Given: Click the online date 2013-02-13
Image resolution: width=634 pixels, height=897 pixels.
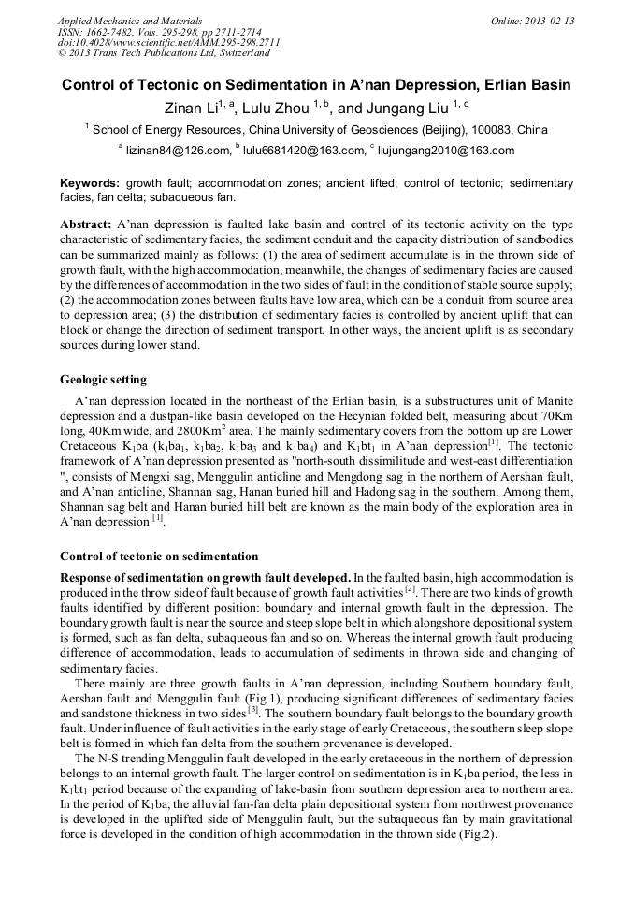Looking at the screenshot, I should (546, 21).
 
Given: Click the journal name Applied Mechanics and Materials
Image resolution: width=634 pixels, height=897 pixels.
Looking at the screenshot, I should (117, 21).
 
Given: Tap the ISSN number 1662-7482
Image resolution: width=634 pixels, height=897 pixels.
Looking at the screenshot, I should (112, 32).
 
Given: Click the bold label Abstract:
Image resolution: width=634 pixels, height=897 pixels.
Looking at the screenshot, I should (86, 225).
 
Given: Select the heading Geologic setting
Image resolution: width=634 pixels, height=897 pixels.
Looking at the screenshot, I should (103, 380).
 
